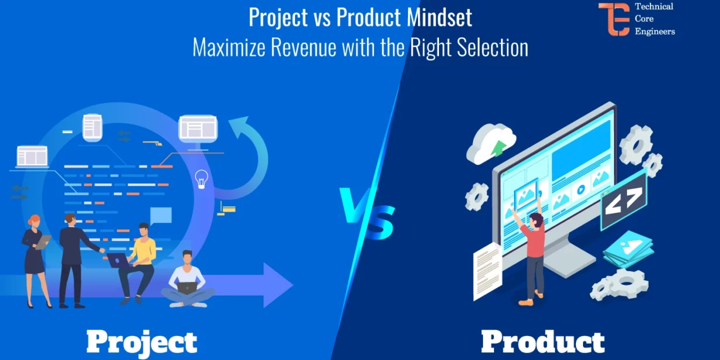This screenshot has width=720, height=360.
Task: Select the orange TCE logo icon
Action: click(613, 19)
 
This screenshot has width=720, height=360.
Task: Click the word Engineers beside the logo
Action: click(654, 31)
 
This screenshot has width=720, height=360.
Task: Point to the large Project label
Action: click(142, 341)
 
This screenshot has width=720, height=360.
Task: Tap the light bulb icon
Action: click(202, 179)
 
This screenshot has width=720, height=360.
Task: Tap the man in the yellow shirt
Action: click(140, 258)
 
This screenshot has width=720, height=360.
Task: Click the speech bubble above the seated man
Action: click(161, 215)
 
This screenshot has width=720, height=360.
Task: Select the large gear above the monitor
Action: click(636, 143)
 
